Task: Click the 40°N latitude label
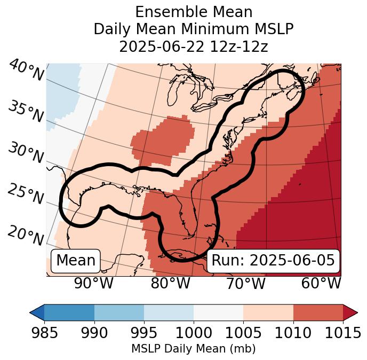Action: [26, 71]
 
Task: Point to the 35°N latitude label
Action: [26, 112]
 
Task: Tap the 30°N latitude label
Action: [26, 153]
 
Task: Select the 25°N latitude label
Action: [26, 194]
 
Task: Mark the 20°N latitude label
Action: [26, 236]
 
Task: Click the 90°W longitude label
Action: [93, 284]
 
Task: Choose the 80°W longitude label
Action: [170, 284]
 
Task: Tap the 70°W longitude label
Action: [245, 284]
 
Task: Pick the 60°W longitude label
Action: [321, 284]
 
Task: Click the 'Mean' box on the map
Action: [76, 261]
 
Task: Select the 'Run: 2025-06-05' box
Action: [273, 261]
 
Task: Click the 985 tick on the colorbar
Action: [44, 333]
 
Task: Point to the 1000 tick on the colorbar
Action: [194, 333]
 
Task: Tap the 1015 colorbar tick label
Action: [342, 333]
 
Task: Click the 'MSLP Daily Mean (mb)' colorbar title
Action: [193, 349]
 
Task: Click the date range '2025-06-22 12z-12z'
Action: [194, 46]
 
